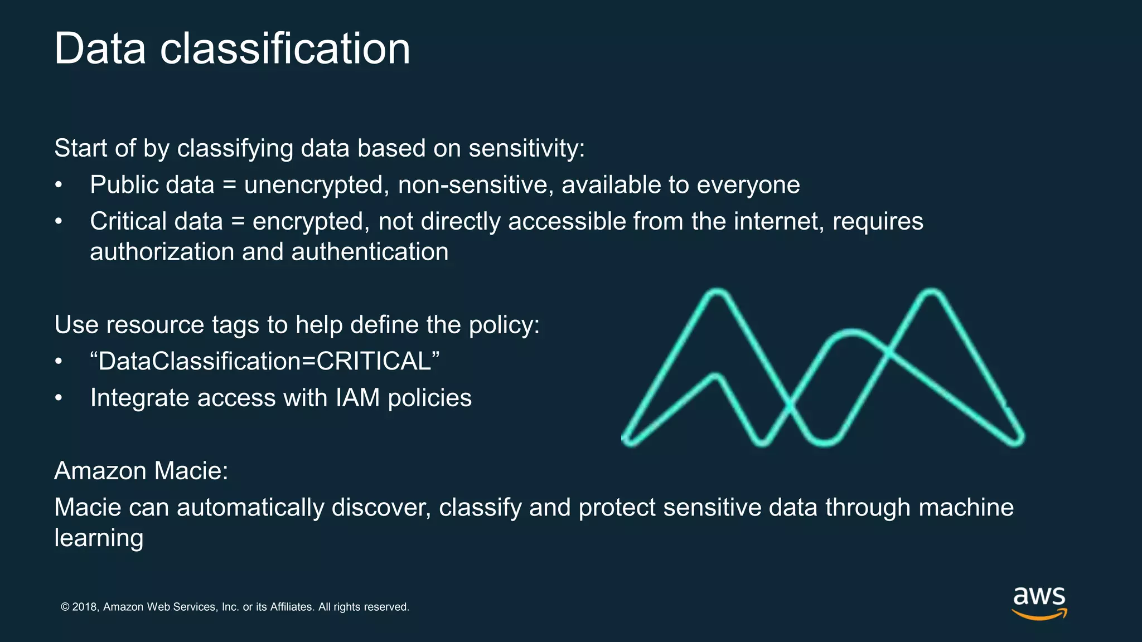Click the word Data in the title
point(100,49)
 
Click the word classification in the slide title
point(285,49)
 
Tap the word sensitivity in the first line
point(526,149)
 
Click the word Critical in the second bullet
point(128,222)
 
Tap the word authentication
point(370,252)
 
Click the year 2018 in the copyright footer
point(85,607)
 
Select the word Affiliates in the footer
point(292,607)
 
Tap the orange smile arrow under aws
point(1039,615)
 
